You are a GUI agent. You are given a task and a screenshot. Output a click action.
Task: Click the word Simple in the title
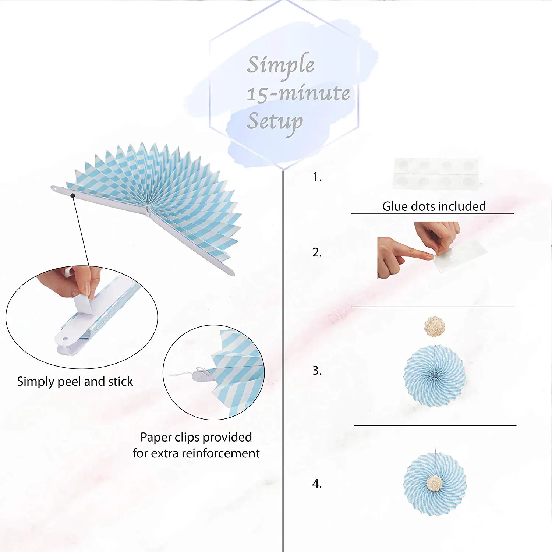tap(280, 65)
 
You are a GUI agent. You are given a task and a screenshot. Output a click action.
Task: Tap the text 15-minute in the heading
tap(298, 93)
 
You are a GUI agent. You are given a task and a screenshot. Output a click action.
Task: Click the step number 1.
tap(317, 177)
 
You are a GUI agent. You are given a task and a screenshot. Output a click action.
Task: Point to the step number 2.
tap(317, 252)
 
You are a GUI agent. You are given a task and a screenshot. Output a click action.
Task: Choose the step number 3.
tap(317, 371)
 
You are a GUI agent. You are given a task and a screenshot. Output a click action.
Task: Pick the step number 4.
tap(317, 484)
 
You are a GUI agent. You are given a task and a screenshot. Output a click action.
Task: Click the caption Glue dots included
tap(434, 206)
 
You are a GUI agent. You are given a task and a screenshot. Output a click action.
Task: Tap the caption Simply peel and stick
tap(75, 382)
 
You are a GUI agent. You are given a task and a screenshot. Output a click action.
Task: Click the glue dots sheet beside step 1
tap(436, 173)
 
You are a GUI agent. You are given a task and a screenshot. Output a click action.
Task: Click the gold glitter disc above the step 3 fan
tap(435, 326)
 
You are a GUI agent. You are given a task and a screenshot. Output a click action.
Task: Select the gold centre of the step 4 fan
tap(435, 483)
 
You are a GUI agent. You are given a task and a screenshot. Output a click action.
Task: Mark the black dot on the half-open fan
tap(73, 195)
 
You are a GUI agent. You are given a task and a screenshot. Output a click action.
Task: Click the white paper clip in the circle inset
tap(201, 376)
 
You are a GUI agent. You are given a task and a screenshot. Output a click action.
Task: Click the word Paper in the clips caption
tap(156, 437)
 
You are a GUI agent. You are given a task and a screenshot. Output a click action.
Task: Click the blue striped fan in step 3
tap(435, 375)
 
